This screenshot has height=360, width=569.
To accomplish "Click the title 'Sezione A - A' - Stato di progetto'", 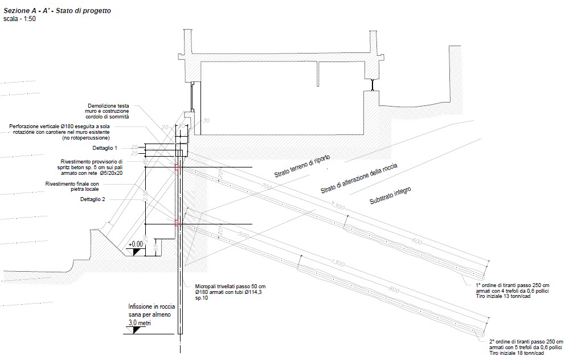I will [58, 10].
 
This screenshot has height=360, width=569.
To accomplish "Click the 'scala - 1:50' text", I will [19, 19].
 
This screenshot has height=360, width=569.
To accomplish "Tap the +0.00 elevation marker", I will [136, 244].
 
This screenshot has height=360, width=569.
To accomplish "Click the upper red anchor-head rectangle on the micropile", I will [177, 167].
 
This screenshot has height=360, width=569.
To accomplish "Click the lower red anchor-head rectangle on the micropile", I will [177, 223].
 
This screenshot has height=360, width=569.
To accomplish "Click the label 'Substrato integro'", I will [391, 196].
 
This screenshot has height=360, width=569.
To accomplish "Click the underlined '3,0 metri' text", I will [140, 323].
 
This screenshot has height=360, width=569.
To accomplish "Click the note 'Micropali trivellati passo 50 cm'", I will [230, 286].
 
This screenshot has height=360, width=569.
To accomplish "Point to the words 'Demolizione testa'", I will [109, 106].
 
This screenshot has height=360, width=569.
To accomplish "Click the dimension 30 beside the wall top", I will [206, 121].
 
